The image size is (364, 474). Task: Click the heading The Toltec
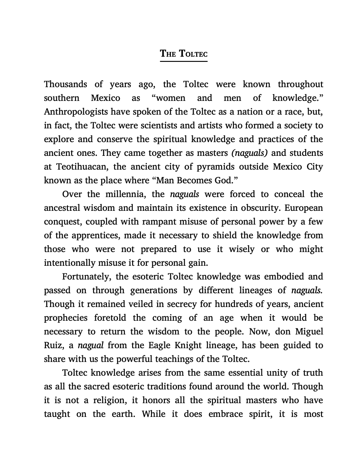pyautogui.click(x=184, y=54)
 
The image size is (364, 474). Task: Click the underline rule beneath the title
pyautogui.click(x=184, y=61)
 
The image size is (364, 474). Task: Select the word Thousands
pyautogui.click(x=66, y=84)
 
